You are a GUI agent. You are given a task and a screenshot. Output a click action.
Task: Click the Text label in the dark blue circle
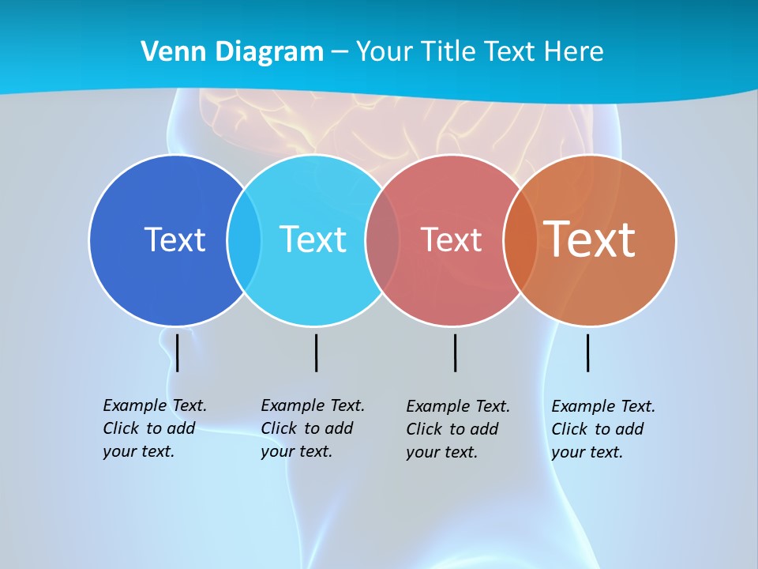(174, 239)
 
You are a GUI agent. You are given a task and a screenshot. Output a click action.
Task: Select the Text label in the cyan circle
(313, 239)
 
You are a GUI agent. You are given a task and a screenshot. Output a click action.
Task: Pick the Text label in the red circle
(451, 239)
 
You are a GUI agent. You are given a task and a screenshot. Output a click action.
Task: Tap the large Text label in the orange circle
(589, 239)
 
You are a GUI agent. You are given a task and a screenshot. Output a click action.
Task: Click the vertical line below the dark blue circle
(178, 352)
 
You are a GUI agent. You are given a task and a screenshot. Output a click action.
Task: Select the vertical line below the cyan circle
(316, 352)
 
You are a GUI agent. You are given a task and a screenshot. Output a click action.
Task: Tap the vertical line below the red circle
(455, 352)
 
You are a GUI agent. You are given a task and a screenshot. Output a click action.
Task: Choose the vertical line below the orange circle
(587, 352)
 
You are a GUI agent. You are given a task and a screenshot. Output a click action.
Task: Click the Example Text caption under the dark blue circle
(154, 428)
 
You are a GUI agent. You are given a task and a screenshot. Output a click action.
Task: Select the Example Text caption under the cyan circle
(312, 428)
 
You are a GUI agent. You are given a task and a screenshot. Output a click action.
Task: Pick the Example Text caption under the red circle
(457, 429)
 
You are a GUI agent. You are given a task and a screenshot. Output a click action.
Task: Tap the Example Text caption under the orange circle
(602, 429)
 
